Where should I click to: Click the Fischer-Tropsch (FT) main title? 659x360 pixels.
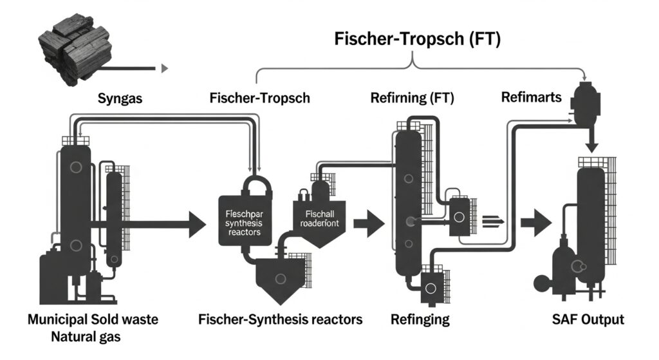pos(417,39)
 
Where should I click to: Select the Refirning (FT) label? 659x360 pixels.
pos(413,99)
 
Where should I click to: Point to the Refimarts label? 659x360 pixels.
pos(532,97)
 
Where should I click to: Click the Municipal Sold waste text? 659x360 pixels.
pos(93,319)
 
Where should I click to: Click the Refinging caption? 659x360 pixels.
pos(420,319)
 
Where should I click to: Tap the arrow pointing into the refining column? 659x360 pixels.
pos(367,224)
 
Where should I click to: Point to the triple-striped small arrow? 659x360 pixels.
pos(492,221)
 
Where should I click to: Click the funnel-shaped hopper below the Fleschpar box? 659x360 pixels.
pos(280,277)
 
